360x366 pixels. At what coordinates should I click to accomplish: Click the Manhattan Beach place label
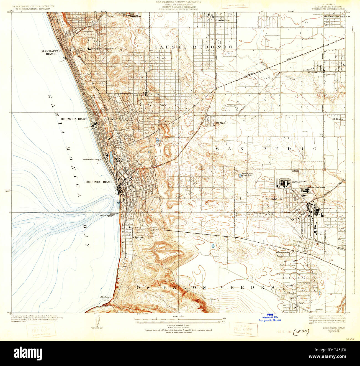[49, 52]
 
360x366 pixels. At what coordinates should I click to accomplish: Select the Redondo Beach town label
[100, 182]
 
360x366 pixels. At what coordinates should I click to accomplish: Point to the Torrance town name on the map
[273, 199]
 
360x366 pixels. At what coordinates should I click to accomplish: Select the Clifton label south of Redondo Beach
[138, 238]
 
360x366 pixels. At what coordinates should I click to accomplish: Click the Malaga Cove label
[106, 298]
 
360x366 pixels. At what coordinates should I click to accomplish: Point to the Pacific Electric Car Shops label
[299, 183]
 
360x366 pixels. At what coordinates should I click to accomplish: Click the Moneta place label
[308, 70]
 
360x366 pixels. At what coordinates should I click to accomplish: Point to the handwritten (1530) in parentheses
[301, 332]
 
